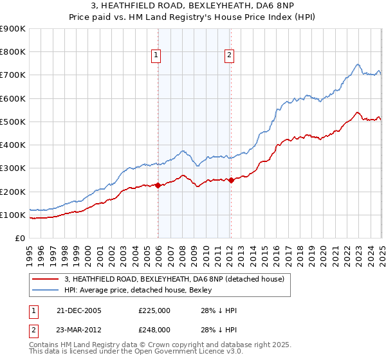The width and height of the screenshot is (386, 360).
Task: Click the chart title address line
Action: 192,6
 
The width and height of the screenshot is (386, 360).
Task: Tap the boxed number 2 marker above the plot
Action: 230,56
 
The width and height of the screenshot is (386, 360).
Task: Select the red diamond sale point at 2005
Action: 158,186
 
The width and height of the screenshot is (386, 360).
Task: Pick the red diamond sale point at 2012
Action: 231,181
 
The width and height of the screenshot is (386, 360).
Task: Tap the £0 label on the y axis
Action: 19,238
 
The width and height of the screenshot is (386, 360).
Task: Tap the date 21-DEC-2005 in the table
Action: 79,310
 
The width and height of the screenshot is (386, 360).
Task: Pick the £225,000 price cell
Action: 154,310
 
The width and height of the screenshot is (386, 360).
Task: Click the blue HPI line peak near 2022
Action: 358,64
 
